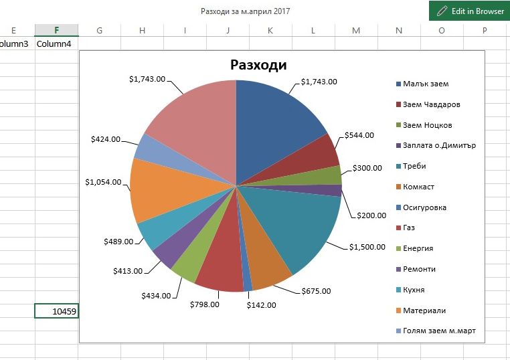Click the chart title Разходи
pyautogui.click(x=258, y=65)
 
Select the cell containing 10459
pyautogui.click(x=57, y=311)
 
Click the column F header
pyautogui.click(x=57, y=30)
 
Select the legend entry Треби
pyautogui.click(x=414, y=166)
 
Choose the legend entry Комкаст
pyautogui.click(x=419, y=187)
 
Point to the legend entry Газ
pyautogui.click(x=409, y=228)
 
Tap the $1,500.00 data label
pyautogui.click(x=367, y=247)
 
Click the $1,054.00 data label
pyautogui.click(x=104, y=182)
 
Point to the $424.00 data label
pyautogui.click(x=106, y=140)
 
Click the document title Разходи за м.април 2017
pyautogui.click(x=246, y=11)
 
